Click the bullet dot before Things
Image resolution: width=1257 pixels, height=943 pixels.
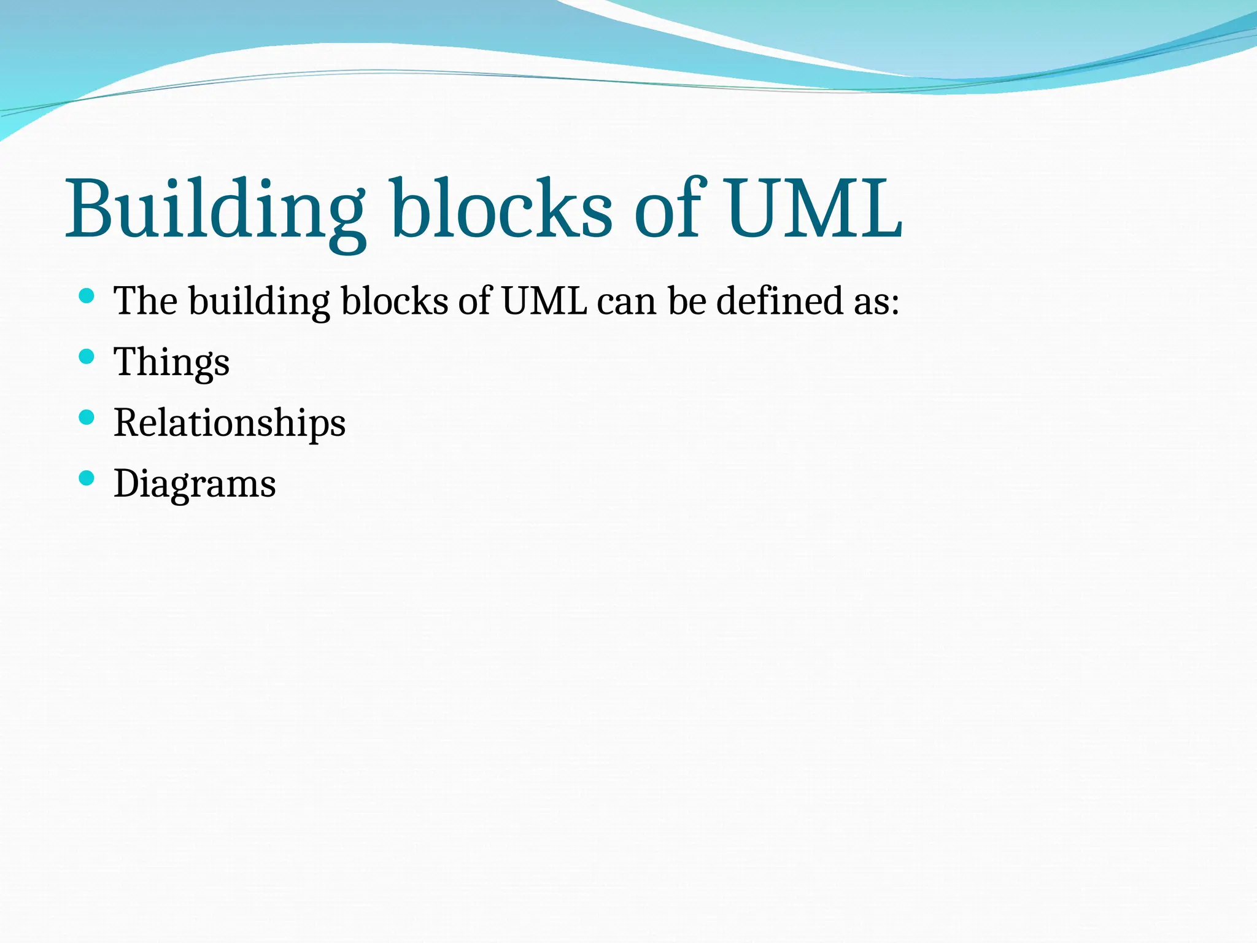[87, 357]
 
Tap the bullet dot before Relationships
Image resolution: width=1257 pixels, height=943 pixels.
[87, 417]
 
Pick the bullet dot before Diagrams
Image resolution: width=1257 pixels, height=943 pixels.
[87, 478]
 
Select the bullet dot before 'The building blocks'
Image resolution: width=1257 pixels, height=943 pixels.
[87, 297]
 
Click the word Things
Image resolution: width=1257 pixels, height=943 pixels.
[172, 362]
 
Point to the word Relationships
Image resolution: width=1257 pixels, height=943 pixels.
[230, 423]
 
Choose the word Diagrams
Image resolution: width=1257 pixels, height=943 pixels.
[195, 484]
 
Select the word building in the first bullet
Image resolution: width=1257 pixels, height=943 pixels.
[260, 302]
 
